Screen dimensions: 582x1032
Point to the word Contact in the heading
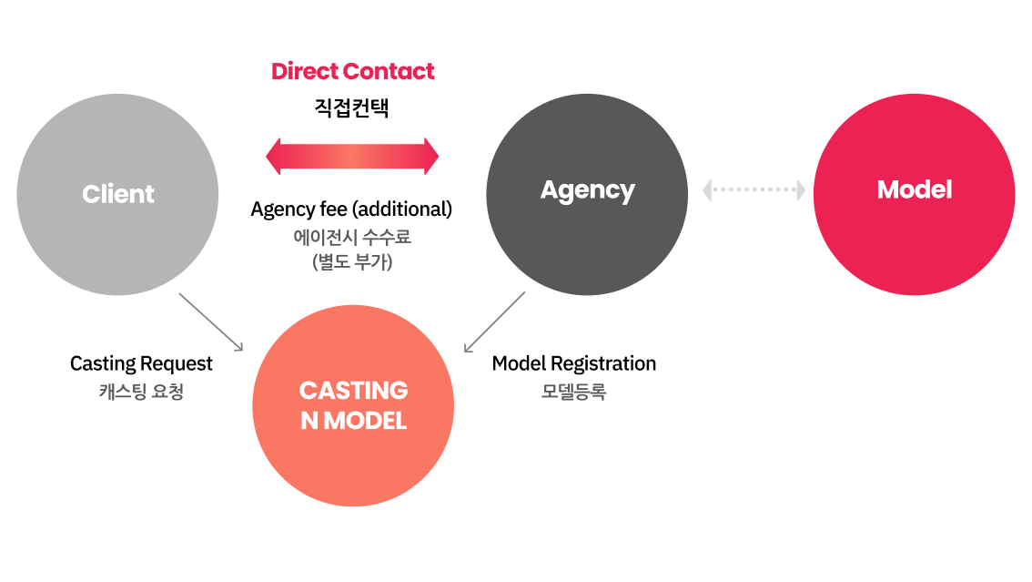[x=392, y=71]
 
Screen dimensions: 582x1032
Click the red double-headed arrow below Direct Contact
[x=352, y=157]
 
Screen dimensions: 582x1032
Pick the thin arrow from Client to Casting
[x=210, y=322]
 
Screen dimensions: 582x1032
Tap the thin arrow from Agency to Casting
[x=494, y=322]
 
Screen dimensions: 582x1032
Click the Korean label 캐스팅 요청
[x=141, y=392]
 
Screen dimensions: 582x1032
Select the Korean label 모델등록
[x=573, y=392]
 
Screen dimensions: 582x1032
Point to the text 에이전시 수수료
[x=352, y=237]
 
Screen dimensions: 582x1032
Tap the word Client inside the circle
[x=118, y=194]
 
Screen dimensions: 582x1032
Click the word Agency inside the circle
[x=587, y=189]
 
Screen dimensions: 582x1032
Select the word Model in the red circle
[x=914, y=189]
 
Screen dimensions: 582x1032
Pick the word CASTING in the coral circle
[x=353, y=391]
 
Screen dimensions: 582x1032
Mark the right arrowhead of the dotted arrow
[x=800, y=189]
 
